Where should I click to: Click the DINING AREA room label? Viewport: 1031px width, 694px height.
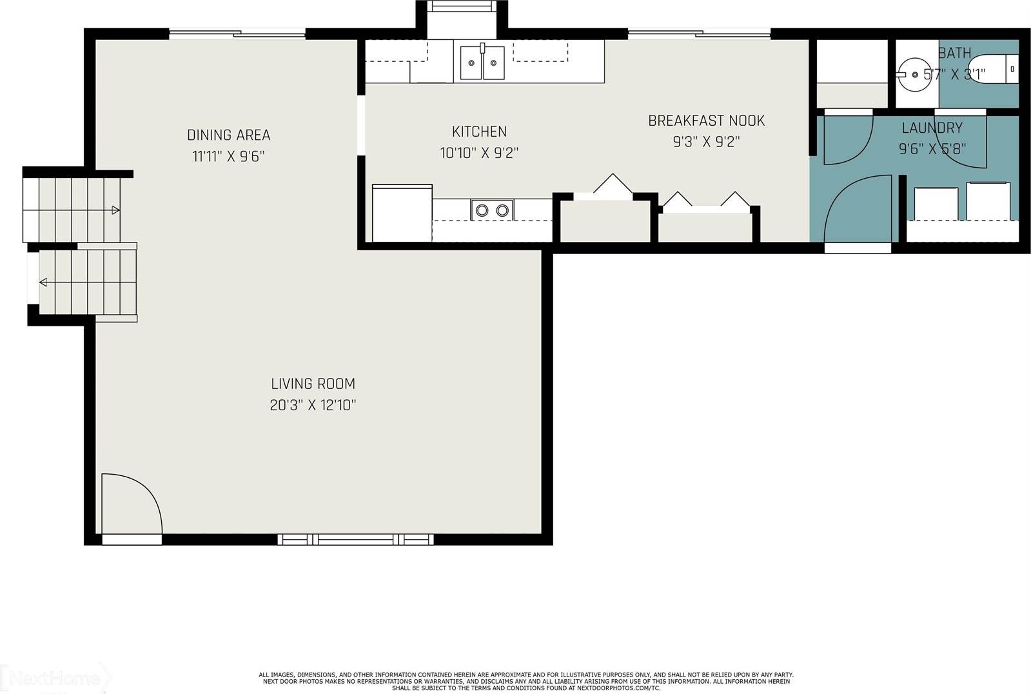point(228,135)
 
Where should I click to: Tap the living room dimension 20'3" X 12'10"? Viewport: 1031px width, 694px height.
point(313,406)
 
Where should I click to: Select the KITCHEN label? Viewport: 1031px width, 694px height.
point(479,132)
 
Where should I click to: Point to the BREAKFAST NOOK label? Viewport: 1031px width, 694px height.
point(706,121)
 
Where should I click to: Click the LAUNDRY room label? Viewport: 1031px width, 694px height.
point(932,128)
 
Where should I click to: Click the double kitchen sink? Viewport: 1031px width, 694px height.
point(482,63)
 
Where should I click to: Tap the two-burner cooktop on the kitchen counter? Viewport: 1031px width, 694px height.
point(492,210)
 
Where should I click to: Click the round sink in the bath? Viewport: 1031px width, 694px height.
point(914,74)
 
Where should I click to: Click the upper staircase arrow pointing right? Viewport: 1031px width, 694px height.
point(115,210)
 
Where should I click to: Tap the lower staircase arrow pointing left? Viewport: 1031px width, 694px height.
point(44,282)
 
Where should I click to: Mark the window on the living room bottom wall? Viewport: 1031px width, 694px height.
point(355,539)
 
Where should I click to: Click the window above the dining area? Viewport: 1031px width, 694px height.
point(237,34)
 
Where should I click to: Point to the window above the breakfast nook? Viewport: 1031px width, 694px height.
point(699,34)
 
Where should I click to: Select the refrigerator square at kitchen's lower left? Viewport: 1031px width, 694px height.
point(402,213)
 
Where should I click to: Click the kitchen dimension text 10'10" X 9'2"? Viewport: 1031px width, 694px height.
point(479,153)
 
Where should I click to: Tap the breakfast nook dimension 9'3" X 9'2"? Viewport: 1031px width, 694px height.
point(706,142)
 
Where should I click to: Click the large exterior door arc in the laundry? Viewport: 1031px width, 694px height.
point(854,210)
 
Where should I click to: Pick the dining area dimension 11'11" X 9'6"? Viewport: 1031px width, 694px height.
point(228,156)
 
